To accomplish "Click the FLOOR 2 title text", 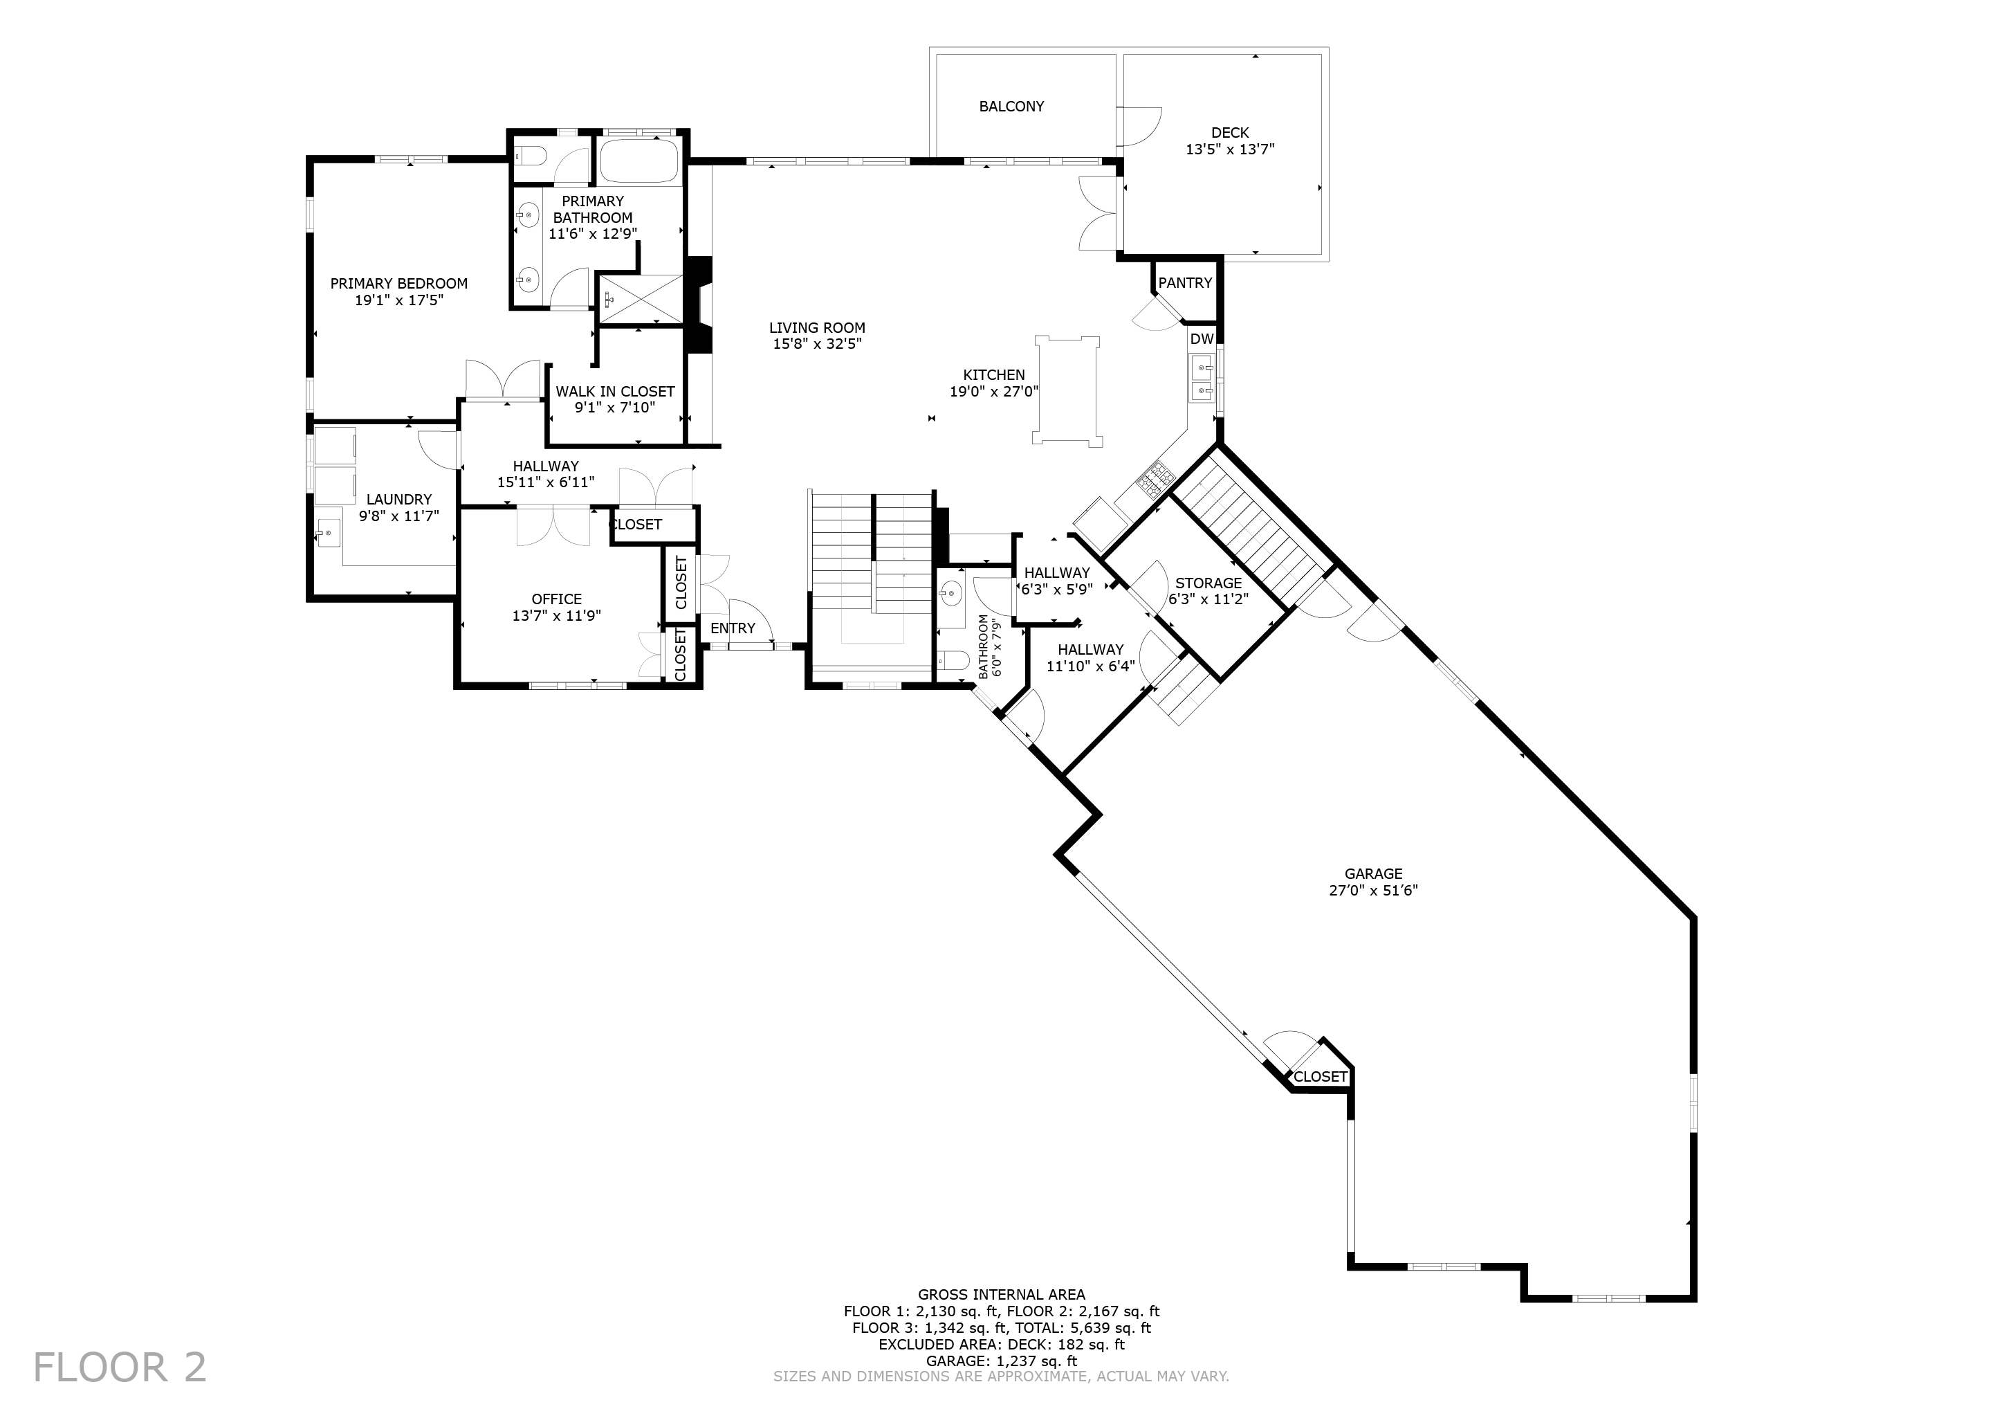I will point(120,1367).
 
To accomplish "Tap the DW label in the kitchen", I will point(1201,339).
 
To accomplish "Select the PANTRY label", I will point(1184,283).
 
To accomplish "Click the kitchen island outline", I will point(1066,390).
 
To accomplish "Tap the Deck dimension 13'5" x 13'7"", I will point(1229,149).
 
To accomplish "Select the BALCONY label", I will point(1011,107).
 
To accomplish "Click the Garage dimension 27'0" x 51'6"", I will point(1373,891).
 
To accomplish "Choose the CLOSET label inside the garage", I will point(1320,1077).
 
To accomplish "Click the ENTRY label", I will point(733,628).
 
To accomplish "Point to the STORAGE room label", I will point(1208,583).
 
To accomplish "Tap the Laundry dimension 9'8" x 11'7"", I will point(399,516).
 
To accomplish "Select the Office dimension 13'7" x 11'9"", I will point(556,615).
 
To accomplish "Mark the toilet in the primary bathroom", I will point(530,156).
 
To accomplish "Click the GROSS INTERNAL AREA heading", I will point(1001,1295).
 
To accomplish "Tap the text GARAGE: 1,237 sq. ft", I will point(1001,1361).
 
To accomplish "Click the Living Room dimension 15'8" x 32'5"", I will point(817,344).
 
